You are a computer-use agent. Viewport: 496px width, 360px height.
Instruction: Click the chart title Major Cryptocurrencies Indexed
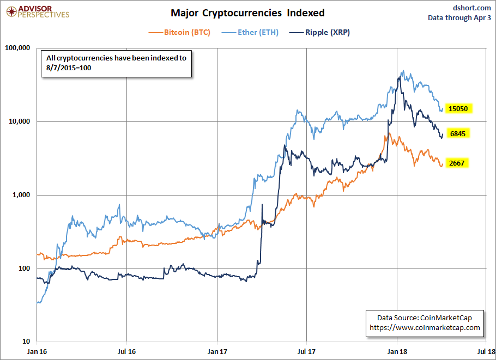coord(247,12)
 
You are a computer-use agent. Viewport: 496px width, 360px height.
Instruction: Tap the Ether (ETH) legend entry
coord(251,32)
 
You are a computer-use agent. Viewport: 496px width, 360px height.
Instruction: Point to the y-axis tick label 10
coord(26,342)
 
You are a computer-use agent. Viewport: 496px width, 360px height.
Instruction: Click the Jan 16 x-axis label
coord(37,352)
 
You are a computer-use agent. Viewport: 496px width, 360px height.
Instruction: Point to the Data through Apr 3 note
coord(459,17)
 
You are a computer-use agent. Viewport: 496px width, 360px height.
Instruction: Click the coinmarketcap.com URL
coord(425,327)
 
